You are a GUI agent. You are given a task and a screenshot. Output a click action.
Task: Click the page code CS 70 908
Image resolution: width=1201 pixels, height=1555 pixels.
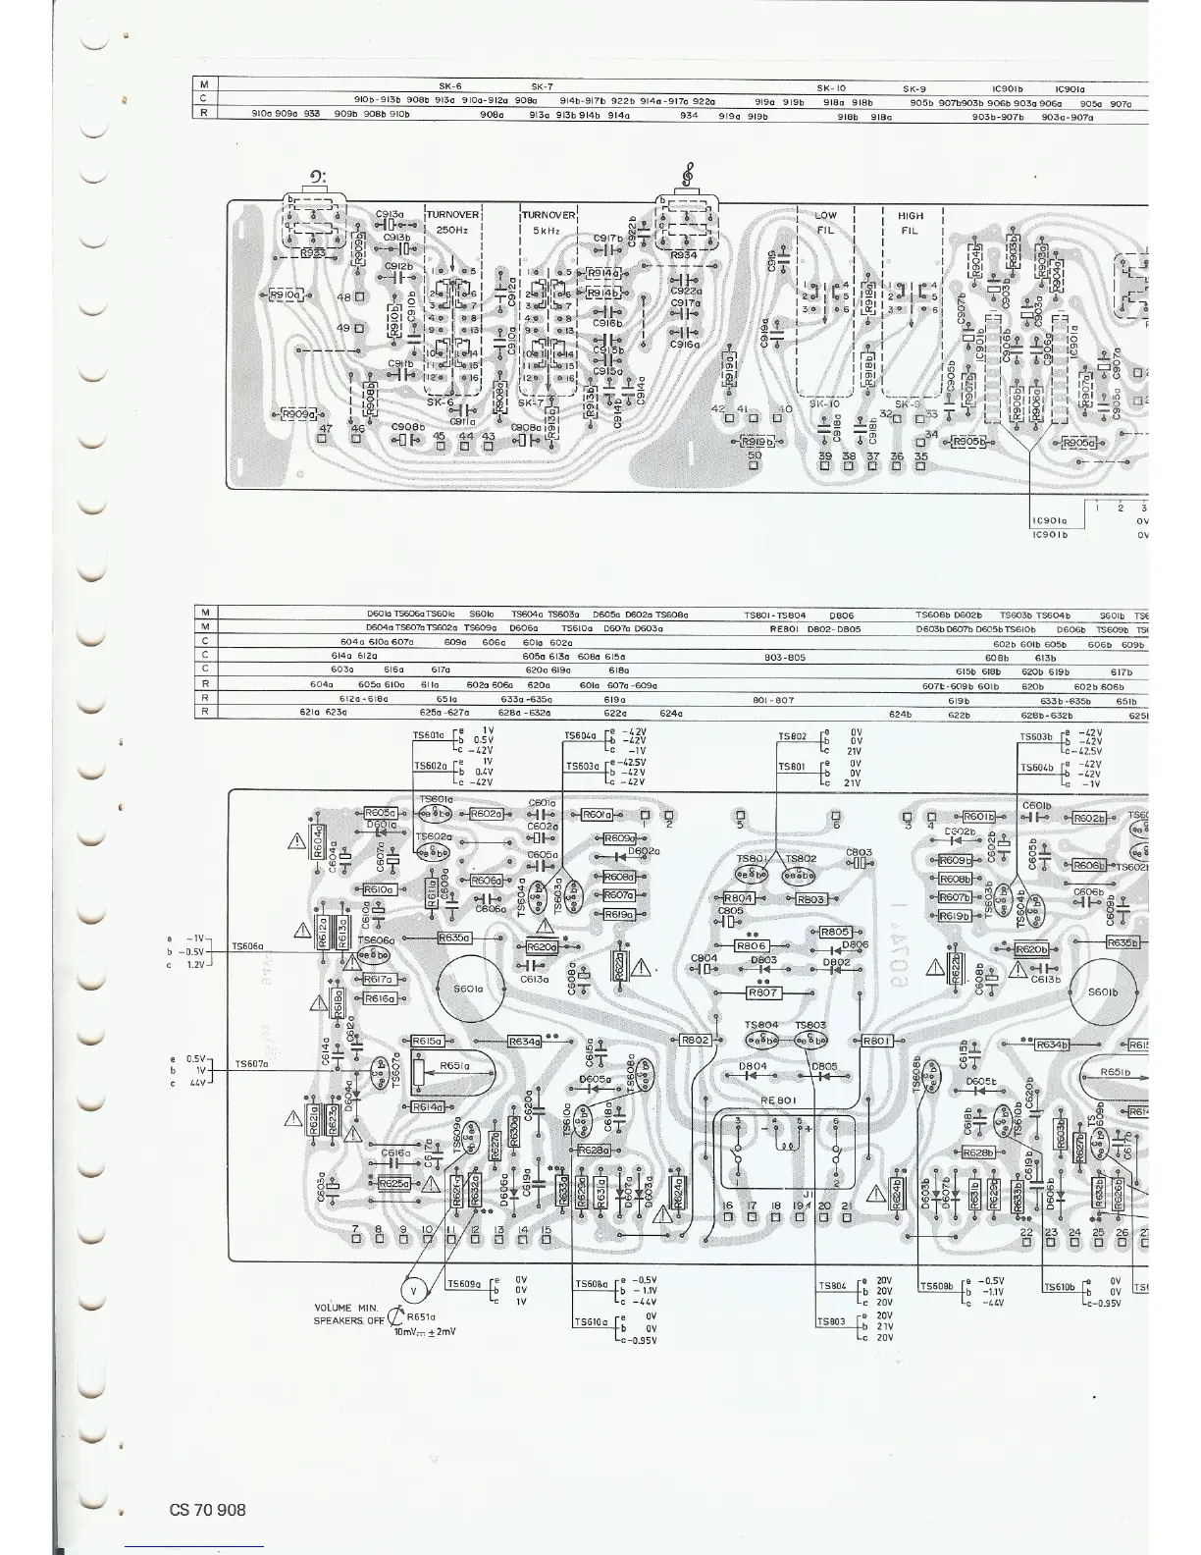click(207, 1510)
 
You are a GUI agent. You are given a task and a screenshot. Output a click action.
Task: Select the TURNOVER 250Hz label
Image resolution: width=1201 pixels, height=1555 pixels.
click(452, 222)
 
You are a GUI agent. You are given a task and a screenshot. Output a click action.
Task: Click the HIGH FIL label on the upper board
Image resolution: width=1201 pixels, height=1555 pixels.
click(911, 223)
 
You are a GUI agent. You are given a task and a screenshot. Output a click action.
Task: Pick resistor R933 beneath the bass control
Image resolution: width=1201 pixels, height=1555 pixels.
click(313, 253)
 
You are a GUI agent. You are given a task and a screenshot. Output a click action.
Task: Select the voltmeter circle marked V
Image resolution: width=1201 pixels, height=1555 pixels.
click(412, 1289)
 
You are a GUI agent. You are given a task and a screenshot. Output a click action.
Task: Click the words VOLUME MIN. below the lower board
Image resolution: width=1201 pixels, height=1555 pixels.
click(346, 1309)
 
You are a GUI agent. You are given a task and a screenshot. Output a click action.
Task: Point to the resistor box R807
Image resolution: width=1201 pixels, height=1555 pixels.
click(763, 992)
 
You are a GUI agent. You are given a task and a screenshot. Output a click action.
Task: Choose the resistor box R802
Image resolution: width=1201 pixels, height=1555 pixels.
click(695, 1040)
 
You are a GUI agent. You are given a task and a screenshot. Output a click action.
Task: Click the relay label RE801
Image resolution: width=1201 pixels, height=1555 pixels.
click(777, 1100)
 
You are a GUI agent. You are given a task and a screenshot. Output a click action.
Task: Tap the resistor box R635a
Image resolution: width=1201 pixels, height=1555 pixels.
click(454, 938)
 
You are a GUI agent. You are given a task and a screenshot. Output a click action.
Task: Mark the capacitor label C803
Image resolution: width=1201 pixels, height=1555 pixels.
click(859, 852)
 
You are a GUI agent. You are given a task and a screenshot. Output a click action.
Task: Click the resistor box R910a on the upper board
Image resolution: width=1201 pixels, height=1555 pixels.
click(286, 295)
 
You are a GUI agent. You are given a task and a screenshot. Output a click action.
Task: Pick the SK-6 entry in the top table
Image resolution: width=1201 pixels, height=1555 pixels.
click(450, 85)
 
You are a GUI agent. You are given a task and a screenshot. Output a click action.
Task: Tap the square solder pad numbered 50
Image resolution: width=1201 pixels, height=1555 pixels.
click(755, 466)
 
